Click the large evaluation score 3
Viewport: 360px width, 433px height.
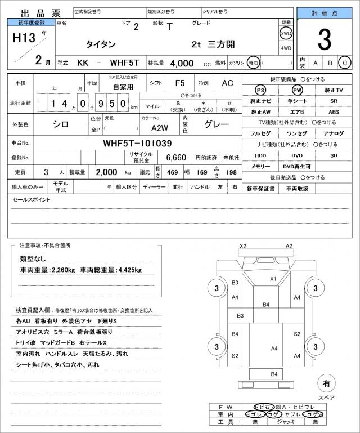(325, 39)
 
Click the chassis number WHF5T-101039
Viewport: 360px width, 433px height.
(137, 143)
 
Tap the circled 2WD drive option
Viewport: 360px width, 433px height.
(286, 33)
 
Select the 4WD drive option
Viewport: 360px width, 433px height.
(286, 48)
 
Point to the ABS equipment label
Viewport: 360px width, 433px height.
(334, 112)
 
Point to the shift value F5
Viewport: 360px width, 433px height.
(180, 83)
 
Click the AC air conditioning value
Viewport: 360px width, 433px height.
(227, 83)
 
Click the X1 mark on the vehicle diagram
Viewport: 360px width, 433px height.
(273, 279)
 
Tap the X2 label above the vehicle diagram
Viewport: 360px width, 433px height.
(243, 247)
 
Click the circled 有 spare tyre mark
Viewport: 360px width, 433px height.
(326, 384)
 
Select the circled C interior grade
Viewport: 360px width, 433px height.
(345, 63)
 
